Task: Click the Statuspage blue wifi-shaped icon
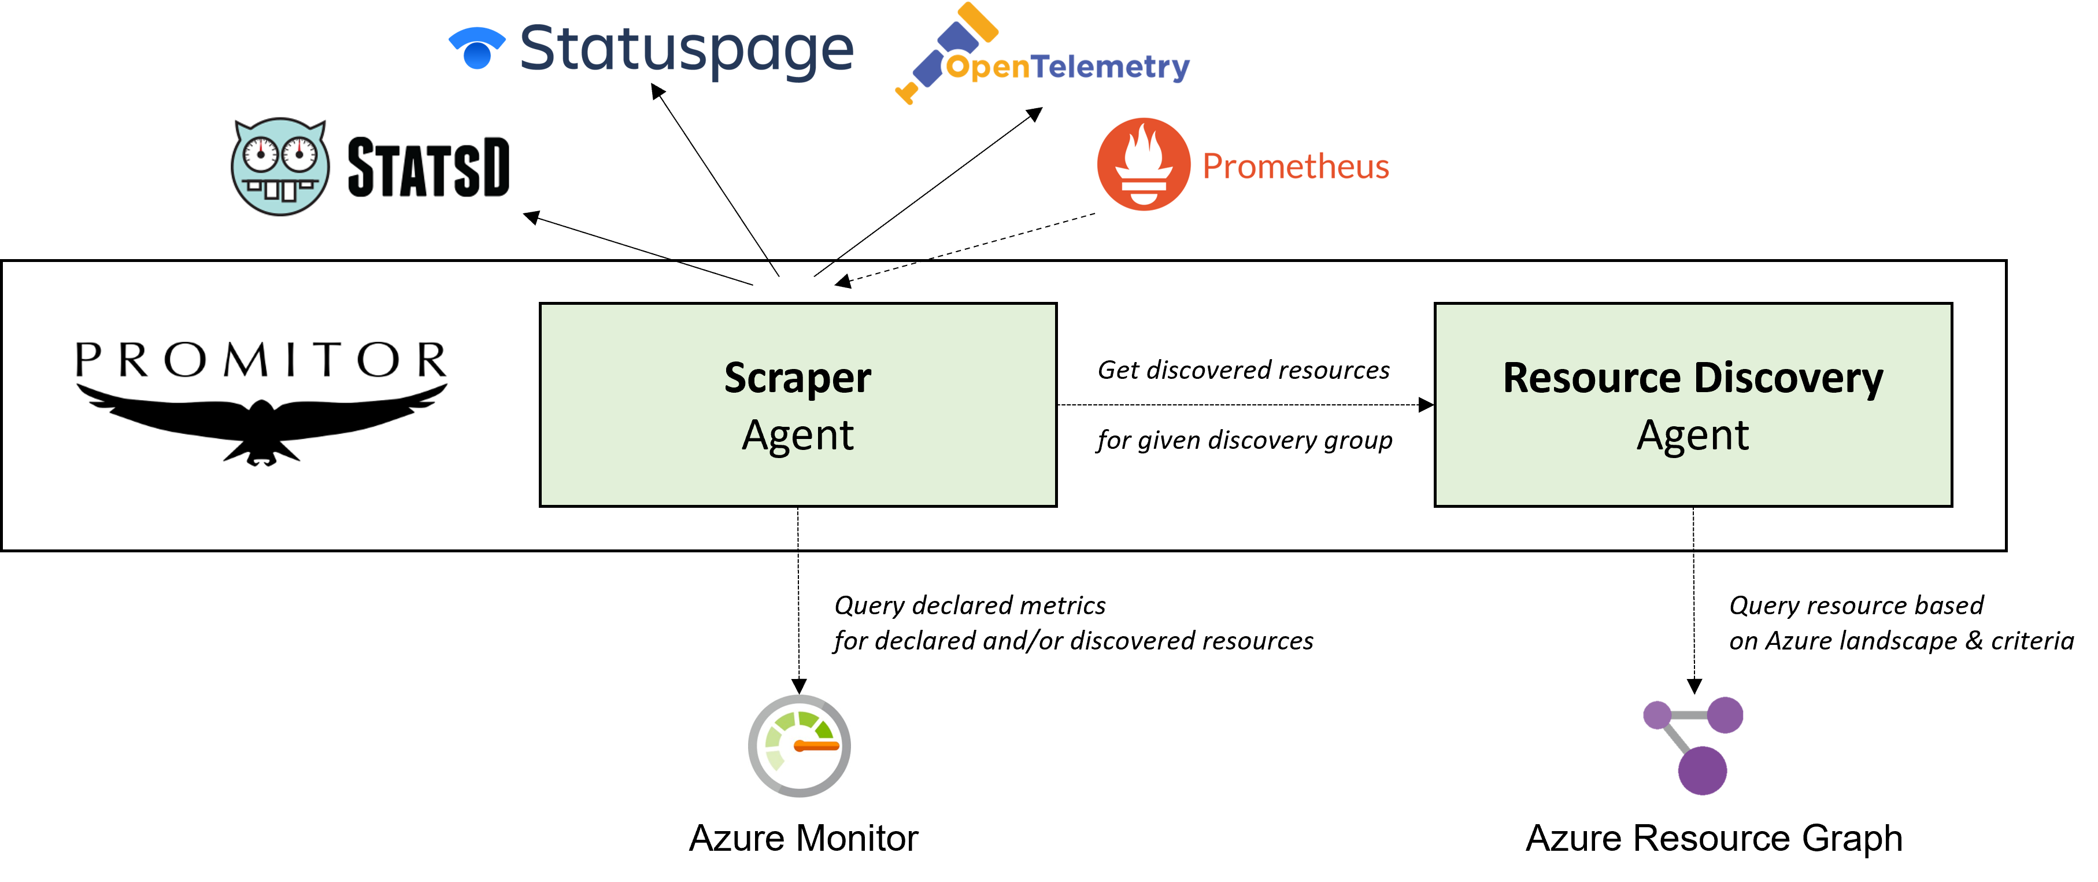pos(478,48)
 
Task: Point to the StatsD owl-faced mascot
pos(279,167)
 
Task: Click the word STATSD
pos(428,168)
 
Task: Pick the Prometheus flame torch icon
pos(1144,164)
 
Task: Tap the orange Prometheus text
pos(1295,166)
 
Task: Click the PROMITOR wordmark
pos(261,360)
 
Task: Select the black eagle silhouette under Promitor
pos(261,421)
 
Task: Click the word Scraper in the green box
pos(797,378)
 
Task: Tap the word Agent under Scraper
pos(797,435)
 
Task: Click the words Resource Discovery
pos(1692,378)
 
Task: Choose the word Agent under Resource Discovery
pos(1692,435)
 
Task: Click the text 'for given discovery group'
pos(1244,440)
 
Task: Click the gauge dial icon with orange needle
pos(799,745)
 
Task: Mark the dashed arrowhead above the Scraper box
pos(843,282)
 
